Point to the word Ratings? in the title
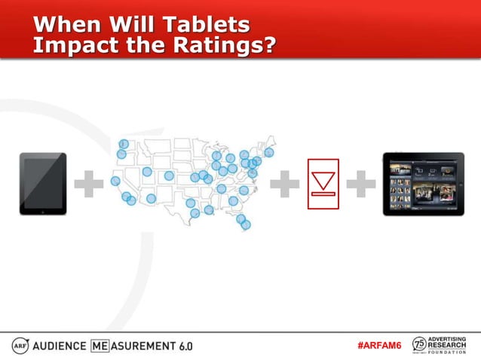coord(226,45)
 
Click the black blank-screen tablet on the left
coord(43,184)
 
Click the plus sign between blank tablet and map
coord(89,185)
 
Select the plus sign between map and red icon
coord(284,185)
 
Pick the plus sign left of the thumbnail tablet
coord(361,185)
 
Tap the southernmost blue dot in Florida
coord(246,224)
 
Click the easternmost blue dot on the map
coord(269,152)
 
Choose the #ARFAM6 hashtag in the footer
coord(380,345)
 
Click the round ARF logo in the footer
coord(20,345)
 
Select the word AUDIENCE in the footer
coord(60,346)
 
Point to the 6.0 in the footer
coord(185,346)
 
